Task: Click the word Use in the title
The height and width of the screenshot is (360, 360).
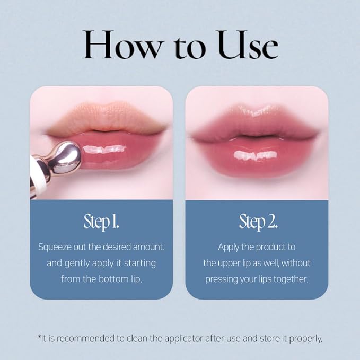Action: (248, 45)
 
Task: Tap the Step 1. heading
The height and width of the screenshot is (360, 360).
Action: (101, 222)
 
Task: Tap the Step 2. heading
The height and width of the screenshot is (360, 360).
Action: (258, 222)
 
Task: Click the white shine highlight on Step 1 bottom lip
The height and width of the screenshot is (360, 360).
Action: (104, 150)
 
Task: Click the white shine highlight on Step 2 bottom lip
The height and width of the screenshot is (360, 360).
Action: (255, 155)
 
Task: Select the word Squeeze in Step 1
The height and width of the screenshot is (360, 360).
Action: (55, 248)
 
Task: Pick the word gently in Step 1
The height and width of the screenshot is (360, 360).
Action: (77, 264)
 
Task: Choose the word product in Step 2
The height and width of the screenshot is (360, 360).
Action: (270, 248)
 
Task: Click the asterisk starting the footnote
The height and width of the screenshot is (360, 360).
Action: (39, 337)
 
